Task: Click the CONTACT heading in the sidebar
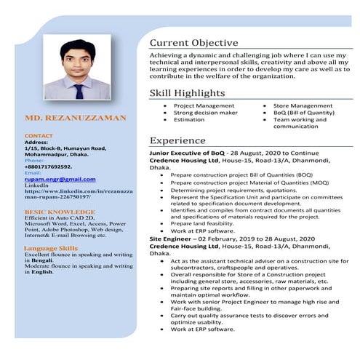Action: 39,136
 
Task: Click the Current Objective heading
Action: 193,43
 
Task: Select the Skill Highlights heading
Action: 187,93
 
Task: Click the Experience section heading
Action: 178,140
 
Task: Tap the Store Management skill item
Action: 303,106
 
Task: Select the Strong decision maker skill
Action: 205,113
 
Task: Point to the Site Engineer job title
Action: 172,238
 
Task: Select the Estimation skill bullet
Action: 189,120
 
